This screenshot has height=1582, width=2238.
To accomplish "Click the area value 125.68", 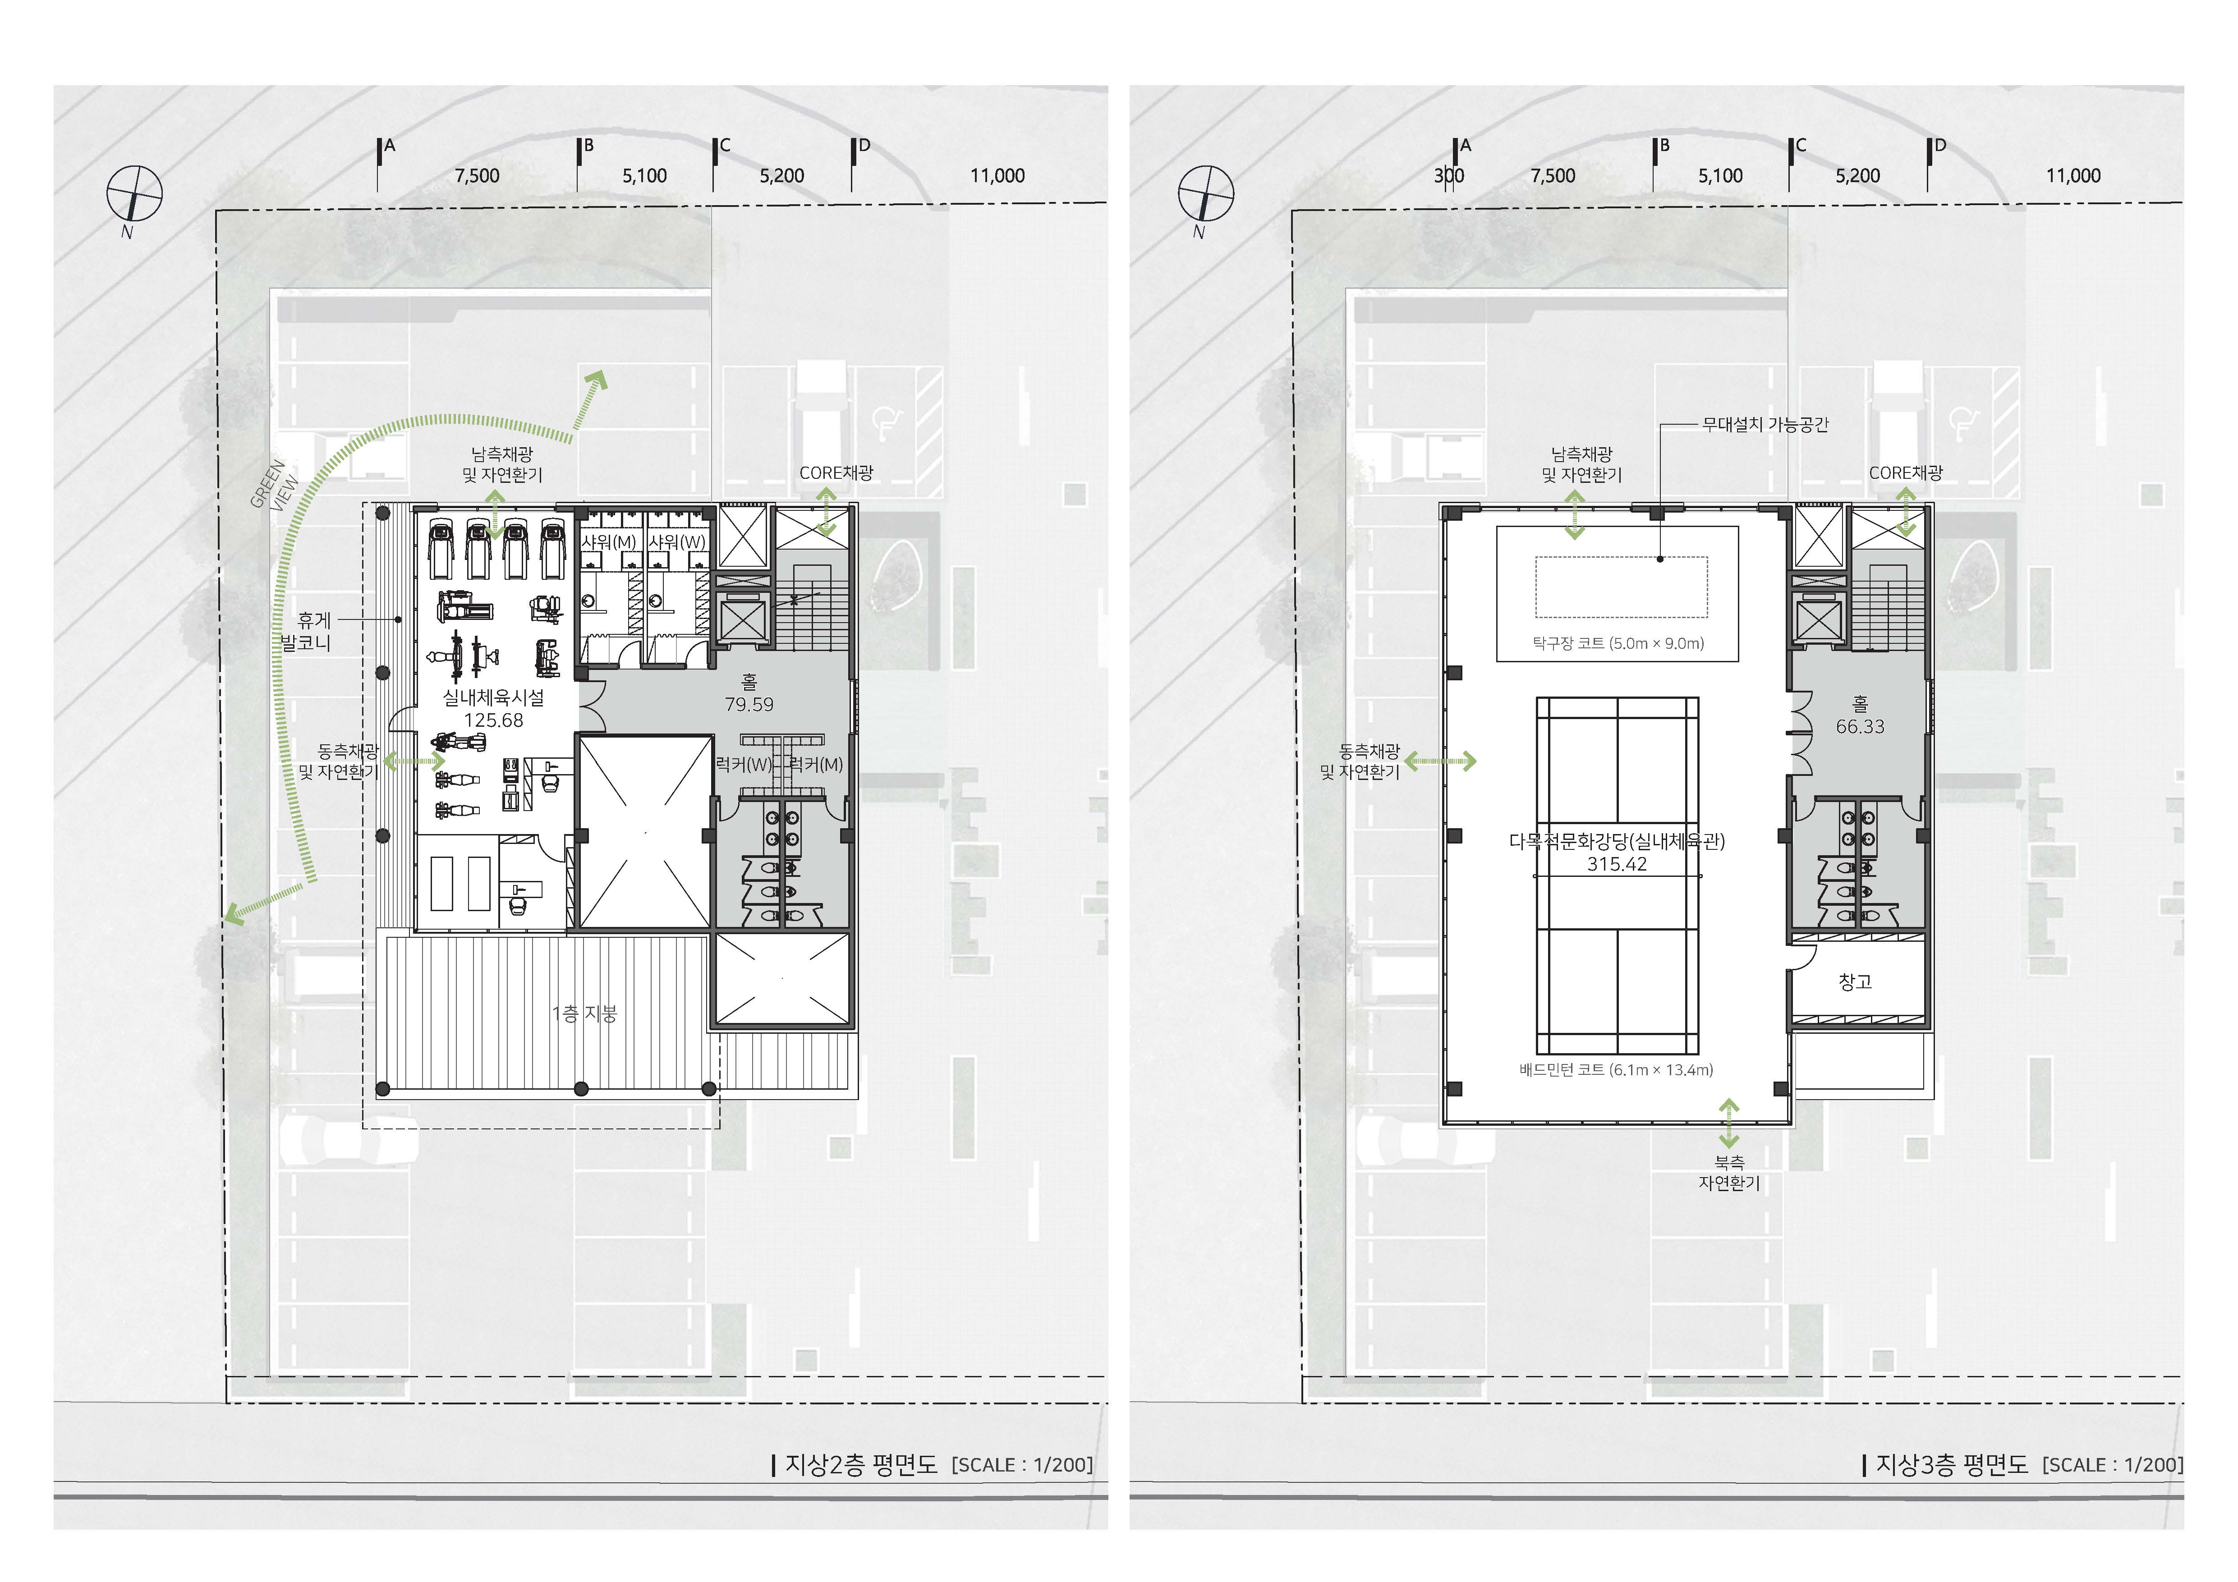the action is click(x=493, y=720).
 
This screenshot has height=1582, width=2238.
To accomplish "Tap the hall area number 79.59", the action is click(x=749, y=704).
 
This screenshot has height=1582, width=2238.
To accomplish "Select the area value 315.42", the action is click(x=1617, y=864).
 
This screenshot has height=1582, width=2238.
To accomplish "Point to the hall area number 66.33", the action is click(x=1860, y=726).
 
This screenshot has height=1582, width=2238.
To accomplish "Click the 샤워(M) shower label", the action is click(x=609, y=542).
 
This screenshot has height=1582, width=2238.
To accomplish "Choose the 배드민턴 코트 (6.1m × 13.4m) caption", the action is click(x=1616, y=1069).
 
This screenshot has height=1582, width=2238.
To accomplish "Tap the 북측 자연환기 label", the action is click(x=1729, y=1173).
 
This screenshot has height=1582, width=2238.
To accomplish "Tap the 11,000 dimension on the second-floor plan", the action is click(x=997, y=175).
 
